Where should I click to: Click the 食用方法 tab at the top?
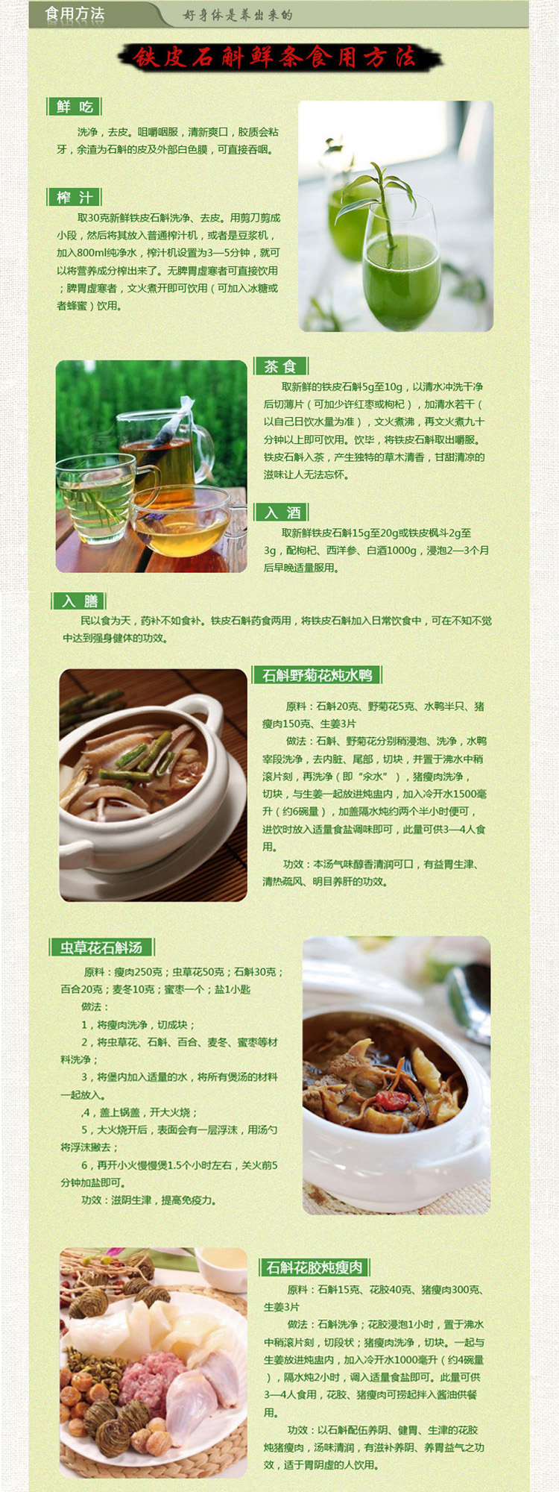point(75,14)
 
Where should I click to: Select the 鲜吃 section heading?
point(75,107)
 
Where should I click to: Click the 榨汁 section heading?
point(75,197)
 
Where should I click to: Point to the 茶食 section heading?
point(280,366)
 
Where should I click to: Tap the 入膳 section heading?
point(80,601)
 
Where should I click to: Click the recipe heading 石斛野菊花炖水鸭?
point(318,675)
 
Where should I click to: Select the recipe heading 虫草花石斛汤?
point(101,947)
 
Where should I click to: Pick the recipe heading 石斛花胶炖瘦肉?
point(315,1267)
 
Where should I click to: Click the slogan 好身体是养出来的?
point(238,15)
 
